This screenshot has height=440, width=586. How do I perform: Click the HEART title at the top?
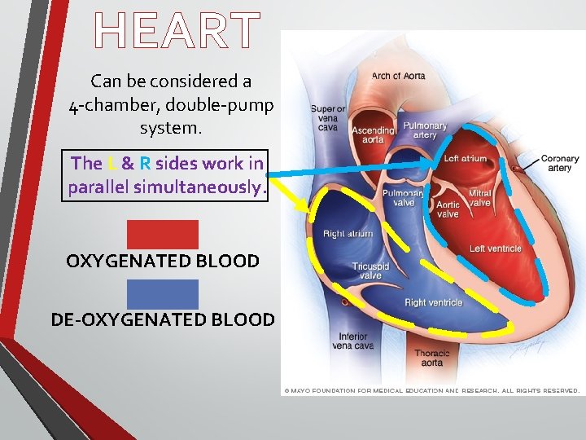[x=177, y=31]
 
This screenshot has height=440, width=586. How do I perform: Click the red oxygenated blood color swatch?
[x=162, y=234]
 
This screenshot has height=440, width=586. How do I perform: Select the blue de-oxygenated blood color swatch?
[x=162, y=294]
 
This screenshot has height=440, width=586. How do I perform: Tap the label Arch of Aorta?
[x=398, y=77]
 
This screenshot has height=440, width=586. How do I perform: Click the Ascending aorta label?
[x=373, y=135]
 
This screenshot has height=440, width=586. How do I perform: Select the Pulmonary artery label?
[x=425, y=131]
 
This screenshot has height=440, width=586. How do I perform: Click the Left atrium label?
[x=465, y=159]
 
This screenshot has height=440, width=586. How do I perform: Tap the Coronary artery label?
[x=560, y=164]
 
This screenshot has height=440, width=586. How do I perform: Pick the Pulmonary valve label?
[x=403, y=198]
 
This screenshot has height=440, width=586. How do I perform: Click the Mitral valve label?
[x=479, y=198]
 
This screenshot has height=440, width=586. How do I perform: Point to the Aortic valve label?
[x=448, y=209]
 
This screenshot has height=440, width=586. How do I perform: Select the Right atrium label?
[x=348, y=234]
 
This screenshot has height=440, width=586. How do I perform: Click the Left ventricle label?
[x=495, y=249]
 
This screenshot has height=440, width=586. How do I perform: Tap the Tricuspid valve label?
[x=370, y=271]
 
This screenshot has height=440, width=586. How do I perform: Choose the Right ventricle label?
[x=433, y=302]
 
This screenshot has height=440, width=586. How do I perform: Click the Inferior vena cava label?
[x=352, y=341]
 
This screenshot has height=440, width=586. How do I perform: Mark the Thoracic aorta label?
[x=431, y=358]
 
